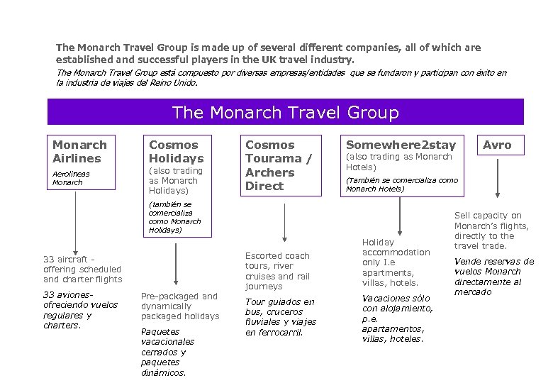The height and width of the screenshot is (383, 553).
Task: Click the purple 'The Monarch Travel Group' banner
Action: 285,112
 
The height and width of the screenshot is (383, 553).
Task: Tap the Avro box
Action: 496,145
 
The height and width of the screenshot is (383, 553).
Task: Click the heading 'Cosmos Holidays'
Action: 176,151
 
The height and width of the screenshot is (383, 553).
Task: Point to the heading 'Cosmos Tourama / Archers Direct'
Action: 278,165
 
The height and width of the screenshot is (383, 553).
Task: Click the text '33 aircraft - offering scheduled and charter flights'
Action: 82,270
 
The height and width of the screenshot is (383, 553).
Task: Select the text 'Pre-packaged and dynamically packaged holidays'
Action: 179,306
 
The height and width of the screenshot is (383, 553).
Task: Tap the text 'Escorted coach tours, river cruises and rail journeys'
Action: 277,271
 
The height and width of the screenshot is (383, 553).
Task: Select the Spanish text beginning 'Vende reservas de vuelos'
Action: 493,277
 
